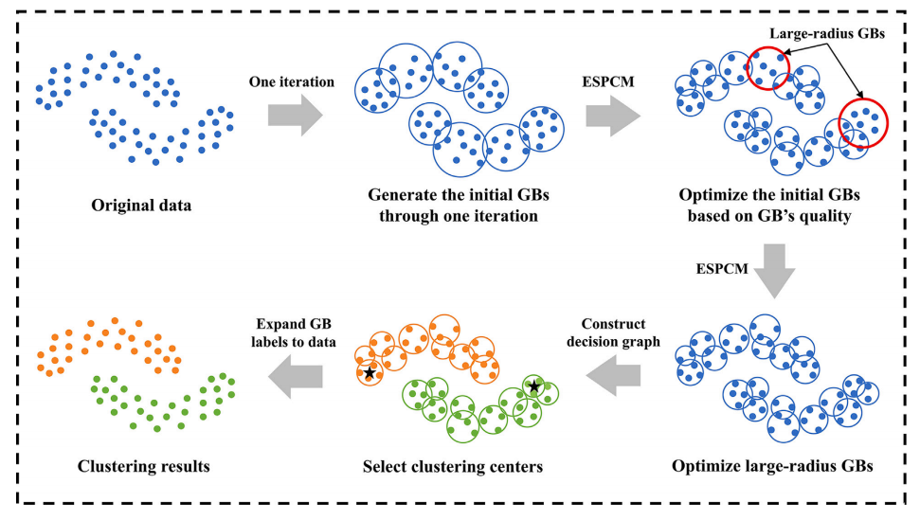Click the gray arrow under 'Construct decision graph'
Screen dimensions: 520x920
pyautogui.click(x=613, y=380)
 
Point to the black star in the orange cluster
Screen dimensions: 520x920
pyautogui.click(x=369, y=373)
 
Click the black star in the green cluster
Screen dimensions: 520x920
pyautogui.click(x=535, y=386)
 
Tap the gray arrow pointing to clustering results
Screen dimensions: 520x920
pyautogui.click(x=294, y=380)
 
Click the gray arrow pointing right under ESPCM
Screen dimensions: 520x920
pyautogui.click(x=611, y=116)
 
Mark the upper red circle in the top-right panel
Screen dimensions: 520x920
pyautogui.click(x=767, y=65)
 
